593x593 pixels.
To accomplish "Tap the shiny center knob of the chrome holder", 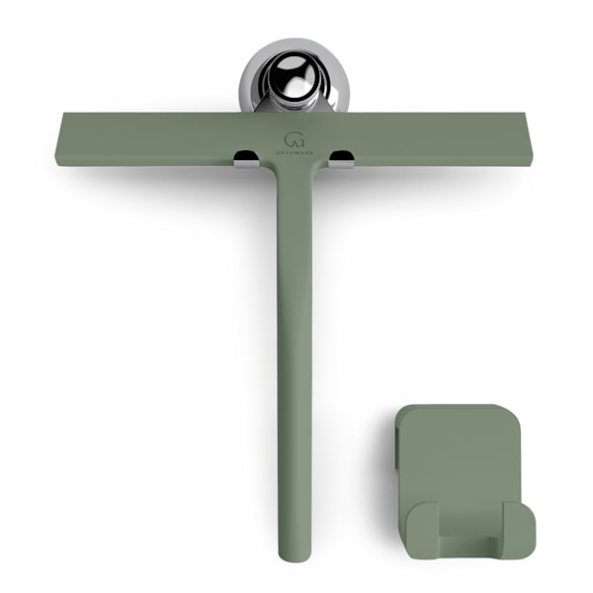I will tap(294, 77).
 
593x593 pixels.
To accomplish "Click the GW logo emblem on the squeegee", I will tap(295, 139).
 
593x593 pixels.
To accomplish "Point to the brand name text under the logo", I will tap(295, 153).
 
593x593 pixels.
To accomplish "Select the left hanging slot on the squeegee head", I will tap(243, 156).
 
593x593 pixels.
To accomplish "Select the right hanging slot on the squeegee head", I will tap(342, 156).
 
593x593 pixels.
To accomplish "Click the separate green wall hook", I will tap(461, 474).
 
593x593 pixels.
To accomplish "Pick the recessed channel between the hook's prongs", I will tap(470, 542).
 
